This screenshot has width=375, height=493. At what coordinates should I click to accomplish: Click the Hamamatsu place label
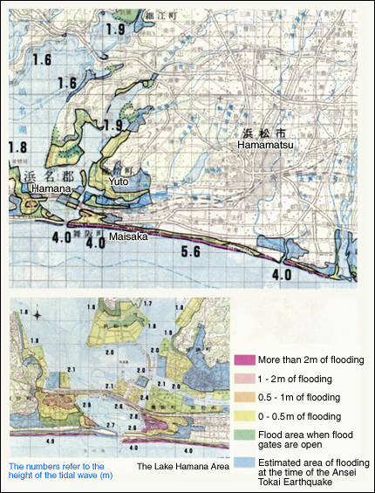pyautogui.click(x=266, y=147)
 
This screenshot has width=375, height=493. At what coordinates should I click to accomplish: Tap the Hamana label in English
pyautogui.click(x=44, y=188)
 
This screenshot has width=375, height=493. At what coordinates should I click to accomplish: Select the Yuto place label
pyautogui.click(x=119, y=181)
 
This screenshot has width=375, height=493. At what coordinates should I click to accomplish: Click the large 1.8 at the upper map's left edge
pyautogui.click(x=17, y=147)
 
